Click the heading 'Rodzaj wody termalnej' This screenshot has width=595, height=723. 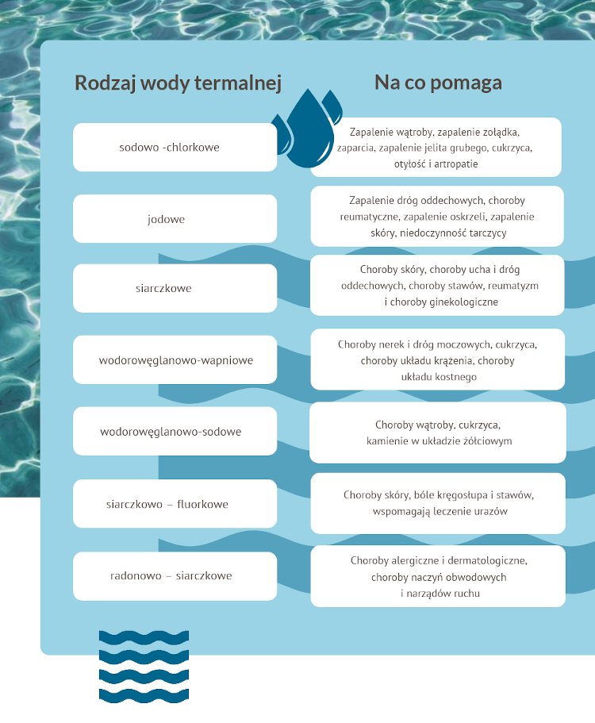click(178, 83)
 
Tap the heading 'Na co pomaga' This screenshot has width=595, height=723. click(438, 83)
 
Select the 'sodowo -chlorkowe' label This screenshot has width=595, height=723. click(169, 147)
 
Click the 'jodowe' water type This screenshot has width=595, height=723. click(166, 219)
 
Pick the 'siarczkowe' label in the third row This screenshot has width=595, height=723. click(163, 288)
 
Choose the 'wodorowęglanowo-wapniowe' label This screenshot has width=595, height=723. click(175, 360)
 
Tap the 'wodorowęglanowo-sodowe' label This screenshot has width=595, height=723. click(171, 432)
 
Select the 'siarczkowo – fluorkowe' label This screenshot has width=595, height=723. click(167, 504)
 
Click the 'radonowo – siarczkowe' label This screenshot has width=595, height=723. click(171, 575)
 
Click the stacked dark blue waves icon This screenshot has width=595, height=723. click(144, 667)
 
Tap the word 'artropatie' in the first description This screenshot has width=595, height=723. click(455, 163)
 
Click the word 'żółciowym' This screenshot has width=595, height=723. click(489, 440)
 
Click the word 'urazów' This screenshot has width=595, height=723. click(491, 511)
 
